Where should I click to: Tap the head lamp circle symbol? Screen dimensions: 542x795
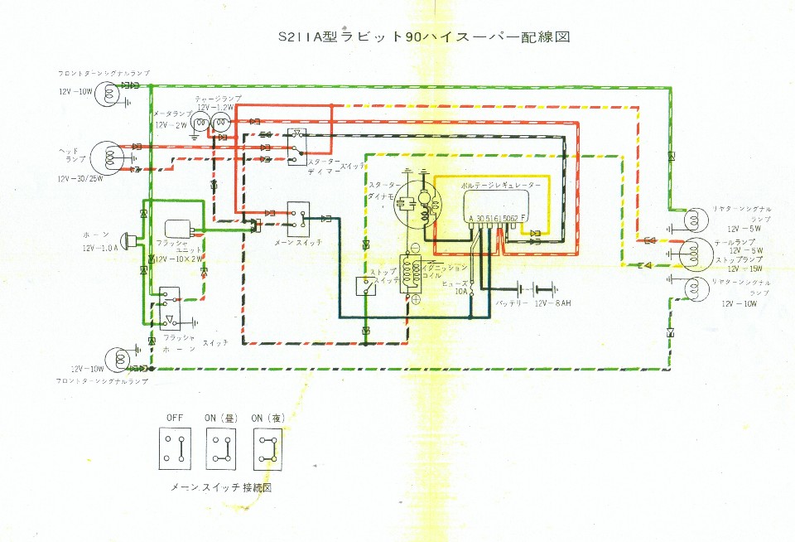[x=106, y=157]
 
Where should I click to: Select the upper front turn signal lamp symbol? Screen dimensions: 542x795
[x=106, y=94]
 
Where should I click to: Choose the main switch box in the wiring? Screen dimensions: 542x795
[x=298, y=217]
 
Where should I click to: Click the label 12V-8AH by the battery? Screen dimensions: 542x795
[x=554, y=304]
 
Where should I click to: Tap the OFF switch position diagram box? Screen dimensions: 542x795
[x=174, y=448]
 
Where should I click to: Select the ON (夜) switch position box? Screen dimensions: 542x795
[x=267, y=448]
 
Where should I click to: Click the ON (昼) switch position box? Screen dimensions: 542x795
[x=220, y=448]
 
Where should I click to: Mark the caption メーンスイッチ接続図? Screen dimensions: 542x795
[x=220, y=487]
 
